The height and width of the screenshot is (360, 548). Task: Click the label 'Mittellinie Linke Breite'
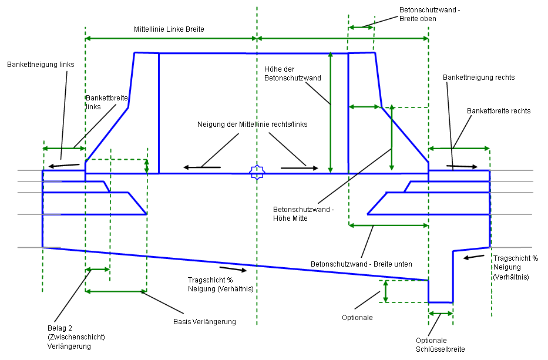(x=169, y=29)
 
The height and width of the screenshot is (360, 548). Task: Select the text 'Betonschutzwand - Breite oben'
(x=426, y=14)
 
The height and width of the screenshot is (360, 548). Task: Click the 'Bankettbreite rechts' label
(x=499, y=110)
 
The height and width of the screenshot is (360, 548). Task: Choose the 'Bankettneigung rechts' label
(x=479, y=78)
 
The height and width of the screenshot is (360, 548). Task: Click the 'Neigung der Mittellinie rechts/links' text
(x=253, y=125)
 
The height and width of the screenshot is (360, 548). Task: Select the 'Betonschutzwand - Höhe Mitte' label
(x=304, y=213)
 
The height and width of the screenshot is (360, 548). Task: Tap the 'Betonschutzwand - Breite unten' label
(x=361, y=264)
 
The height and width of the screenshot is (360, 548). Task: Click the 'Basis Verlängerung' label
(x=204, y=321)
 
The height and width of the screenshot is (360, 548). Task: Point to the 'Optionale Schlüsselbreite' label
(x=440, y=345)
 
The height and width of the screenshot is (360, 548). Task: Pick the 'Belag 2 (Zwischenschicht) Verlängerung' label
(x=76, y=337)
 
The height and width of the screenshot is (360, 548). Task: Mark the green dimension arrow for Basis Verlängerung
(x=116, y=291)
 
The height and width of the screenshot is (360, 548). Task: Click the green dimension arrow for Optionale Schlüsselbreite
(x=441, y=314)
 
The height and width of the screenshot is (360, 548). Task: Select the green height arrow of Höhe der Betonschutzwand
(x=331, y=112)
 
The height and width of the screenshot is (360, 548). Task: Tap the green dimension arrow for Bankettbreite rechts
(x=459, y=148)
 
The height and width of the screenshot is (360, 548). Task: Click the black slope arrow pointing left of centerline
(x=203, y=168)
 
